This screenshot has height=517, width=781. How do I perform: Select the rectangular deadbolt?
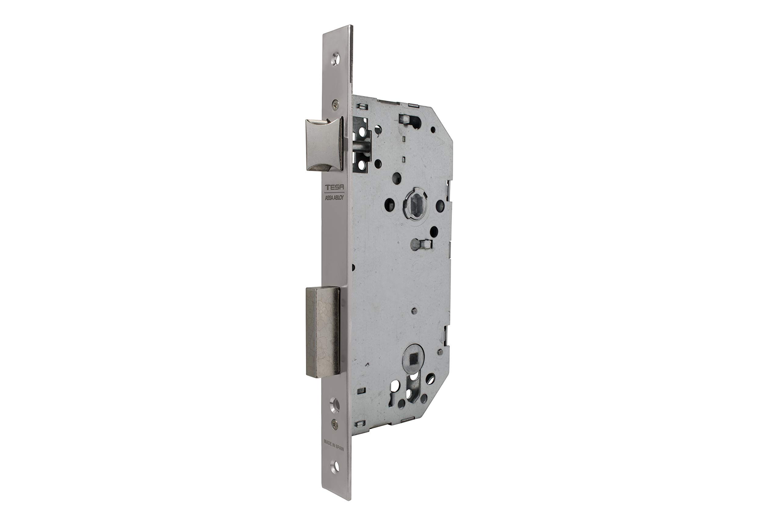[x=322, y=331]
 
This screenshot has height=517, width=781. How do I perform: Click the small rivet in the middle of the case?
[x=415, y=311]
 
